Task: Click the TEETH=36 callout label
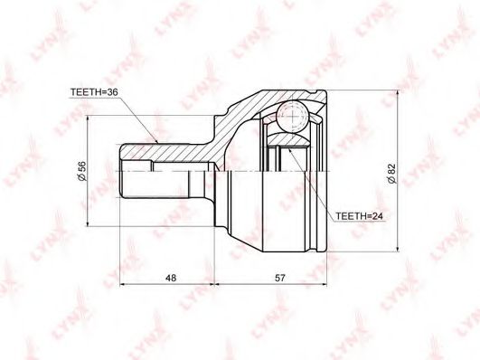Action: (x=94, y=92)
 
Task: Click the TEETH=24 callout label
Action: (x=359, y=216)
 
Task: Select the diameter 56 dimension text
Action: (x=82, y=172)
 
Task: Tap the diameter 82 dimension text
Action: (x=391, y=174)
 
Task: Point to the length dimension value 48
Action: (x=171, y=278)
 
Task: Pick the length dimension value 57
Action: (x=279, y=278)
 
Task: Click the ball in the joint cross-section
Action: (x=292, y=117)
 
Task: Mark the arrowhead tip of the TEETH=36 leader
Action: (x=158, y=144)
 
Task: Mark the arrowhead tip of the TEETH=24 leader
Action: (x=288, y=148)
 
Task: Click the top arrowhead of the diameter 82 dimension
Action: (x=398, y=91)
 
